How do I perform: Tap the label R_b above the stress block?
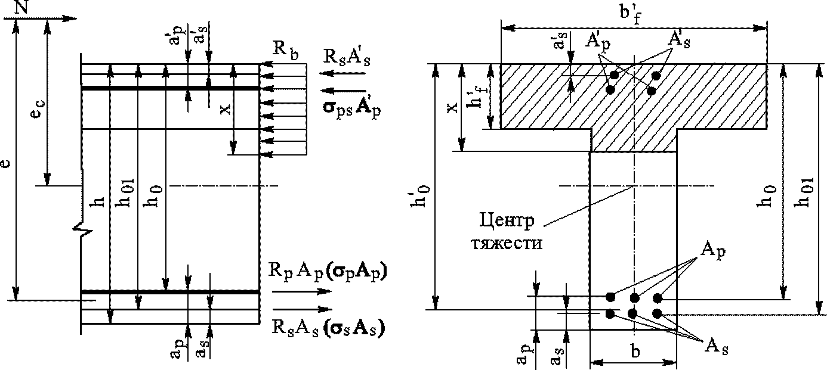pyautogui.click(x=285, y=50)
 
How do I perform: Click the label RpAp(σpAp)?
pyautogui.click(x=328, y=272)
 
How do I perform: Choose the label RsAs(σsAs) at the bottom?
pyautogui.click(x=328, y=327)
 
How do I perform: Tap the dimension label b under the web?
pyautogui.click(x=635, y=352)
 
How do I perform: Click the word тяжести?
pyautogui.click(x=507, y=243)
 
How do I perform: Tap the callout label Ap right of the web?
pyautogui.click(x=713, y=251)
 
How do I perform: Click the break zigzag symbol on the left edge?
pyautogui.click(x=84, y=231)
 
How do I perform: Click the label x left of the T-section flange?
pyautogui.click(x=452, y=107)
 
